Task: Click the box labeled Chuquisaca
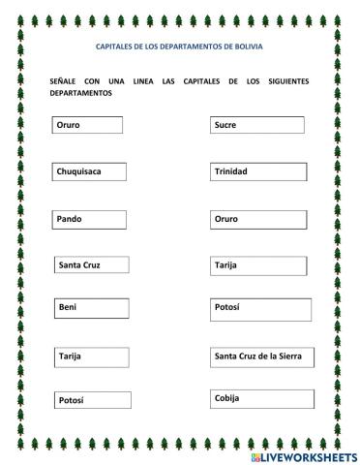(90, 171)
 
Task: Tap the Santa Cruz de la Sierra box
(262, 357)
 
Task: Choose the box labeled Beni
(92, 307)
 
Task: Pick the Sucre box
(256, 125)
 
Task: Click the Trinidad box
(258, 171)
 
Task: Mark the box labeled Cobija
(258, 399)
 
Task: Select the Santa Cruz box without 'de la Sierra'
(91, 263)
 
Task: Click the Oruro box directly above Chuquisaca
(87, 125)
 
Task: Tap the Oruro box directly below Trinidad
(258, 219)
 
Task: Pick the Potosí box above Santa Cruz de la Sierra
(261, 308)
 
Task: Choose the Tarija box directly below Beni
(92, 357)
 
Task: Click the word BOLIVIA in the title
(249, 46)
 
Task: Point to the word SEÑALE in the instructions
(63, 81)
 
